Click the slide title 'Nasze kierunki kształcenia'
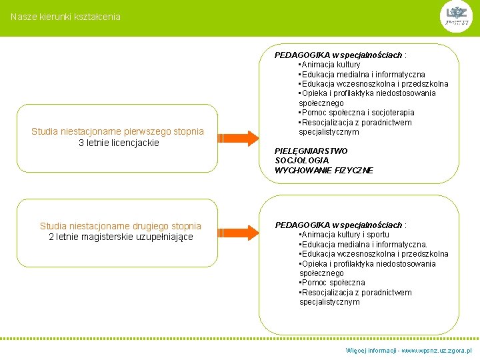pyautogui.click(x=65, y=17)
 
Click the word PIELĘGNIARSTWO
pyautogui.click(x=311, y=151)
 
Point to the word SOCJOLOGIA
pyautogui.click(x=302, y=161)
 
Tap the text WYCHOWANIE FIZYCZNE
pyautogui.click(x=324, y=171)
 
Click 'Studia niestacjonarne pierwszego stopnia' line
pyautogui.click(x=117, y=131)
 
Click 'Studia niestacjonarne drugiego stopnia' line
pyautogui.click(x=121, y=226)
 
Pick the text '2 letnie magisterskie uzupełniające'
pyautogui.click(x=121, y=237)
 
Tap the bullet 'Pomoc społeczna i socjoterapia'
pyautogui.click(x=357, y=113)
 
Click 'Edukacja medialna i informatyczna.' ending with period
pyautogui.click(x=363, y=245)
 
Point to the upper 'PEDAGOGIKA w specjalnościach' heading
pyautogui.click(x=339, y=55)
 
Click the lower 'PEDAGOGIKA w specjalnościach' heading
pyautogui.click(x=339, y=225)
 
